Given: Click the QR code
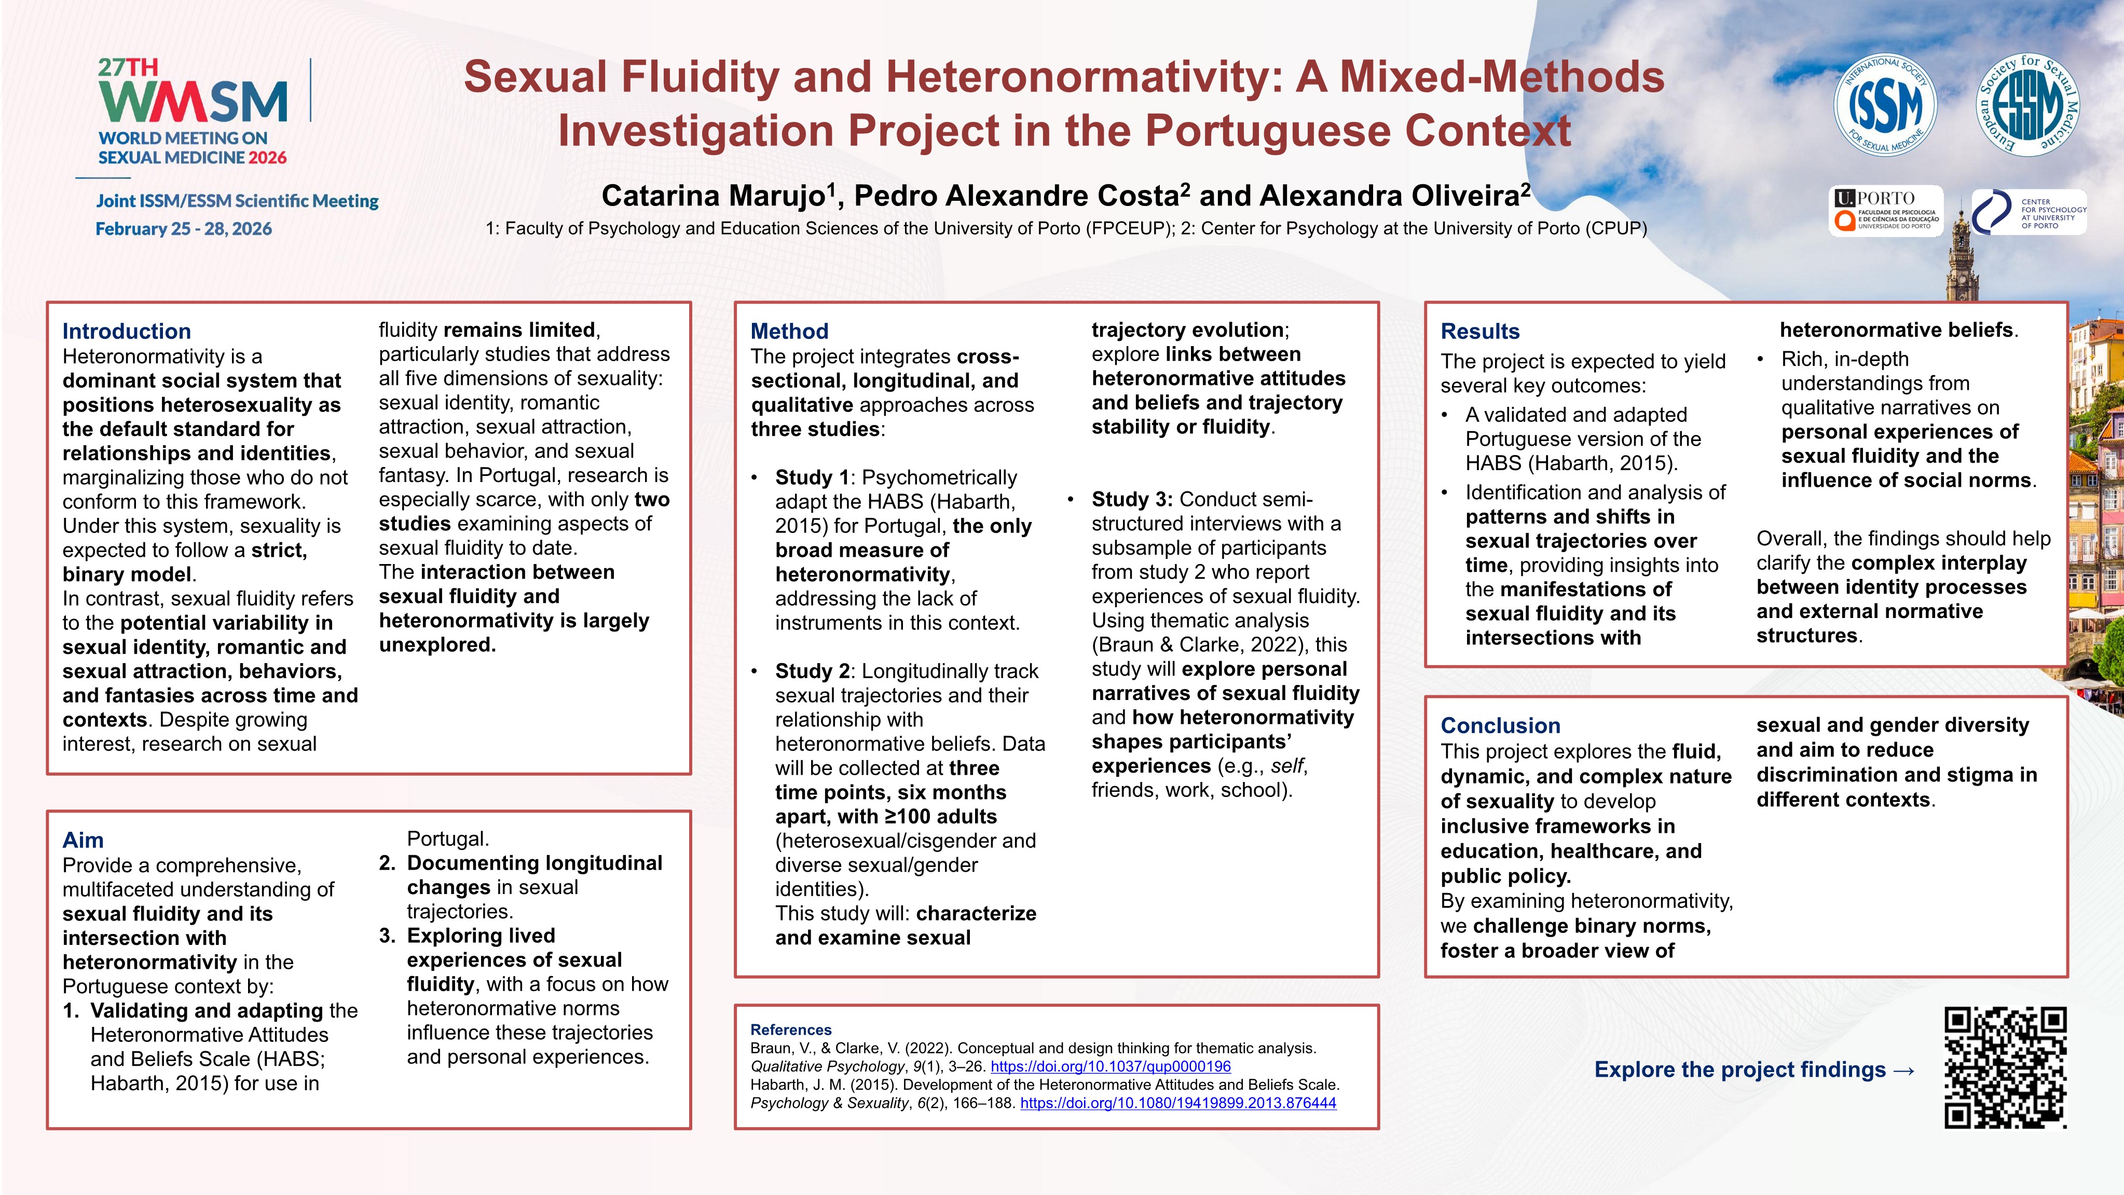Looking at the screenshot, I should click(x=2005, y=1067).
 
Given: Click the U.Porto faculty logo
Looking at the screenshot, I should click(x=1886, y=211).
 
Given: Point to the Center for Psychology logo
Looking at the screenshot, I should click(x=2029, y=212).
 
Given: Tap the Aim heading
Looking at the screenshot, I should click(x=83, y=841).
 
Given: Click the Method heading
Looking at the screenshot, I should click(x=789, y=332).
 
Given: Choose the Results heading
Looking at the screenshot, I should click(x=1480, y=332).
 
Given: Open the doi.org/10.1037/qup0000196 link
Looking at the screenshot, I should click(x=1111, y=1066).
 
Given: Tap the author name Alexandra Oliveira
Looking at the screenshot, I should click(x=1389, y=196).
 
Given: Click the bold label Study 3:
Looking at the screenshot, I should click(x=1131, y=500).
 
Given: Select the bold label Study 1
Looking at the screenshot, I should click(x=812, y=478).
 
